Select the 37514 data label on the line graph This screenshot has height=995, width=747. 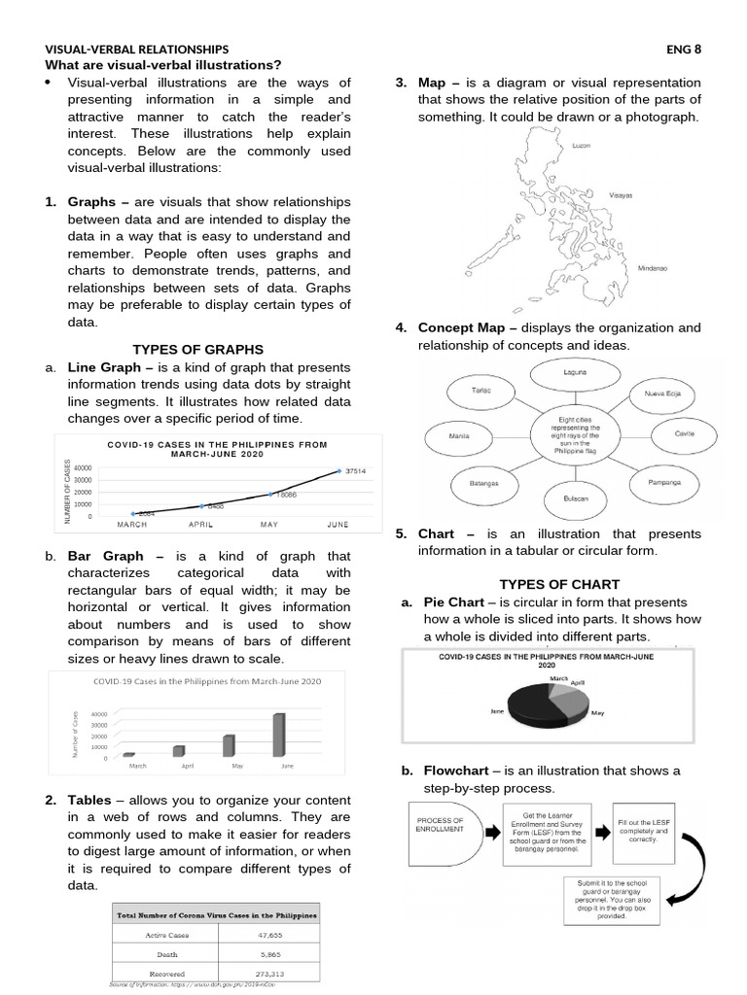coord(361,471)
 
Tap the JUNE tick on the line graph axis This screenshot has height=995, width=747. coord(338,525)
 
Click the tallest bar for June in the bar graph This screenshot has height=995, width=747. coord(279,734)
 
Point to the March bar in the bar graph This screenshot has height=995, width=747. coord(128,754)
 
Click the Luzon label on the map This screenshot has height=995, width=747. coord(581,145)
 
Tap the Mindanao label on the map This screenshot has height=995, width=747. coord(652,268)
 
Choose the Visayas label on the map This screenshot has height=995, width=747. coord(621,195)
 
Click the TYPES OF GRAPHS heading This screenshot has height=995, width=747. coord(197,350)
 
